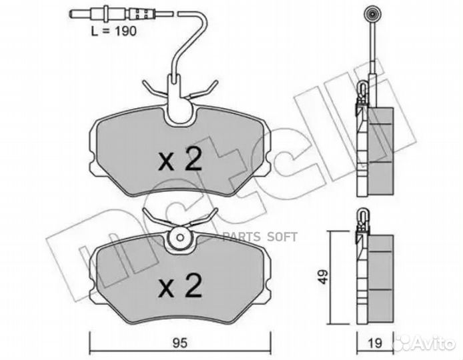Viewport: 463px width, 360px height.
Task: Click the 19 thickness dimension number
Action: click(375, 344)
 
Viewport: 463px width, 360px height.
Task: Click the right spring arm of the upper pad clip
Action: click(206, 89)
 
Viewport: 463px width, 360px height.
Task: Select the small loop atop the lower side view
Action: click(363, 215)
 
